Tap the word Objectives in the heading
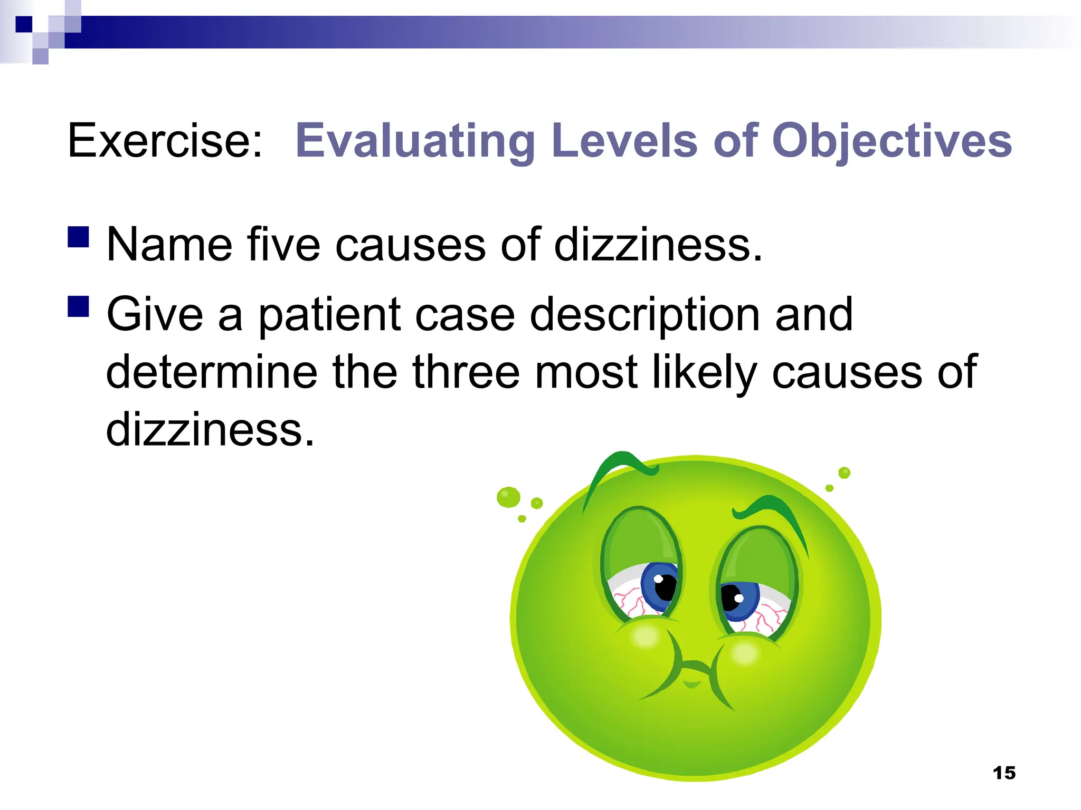pos(892,141)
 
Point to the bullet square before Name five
pos(79,237)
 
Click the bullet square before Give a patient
pos(79,306)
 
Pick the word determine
pos(212,372)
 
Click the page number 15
pos(1004,773)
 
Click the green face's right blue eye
pos(738,600)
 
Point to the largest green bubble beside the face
pos(508,497)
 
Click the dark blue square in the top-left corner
pos(24,24)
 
